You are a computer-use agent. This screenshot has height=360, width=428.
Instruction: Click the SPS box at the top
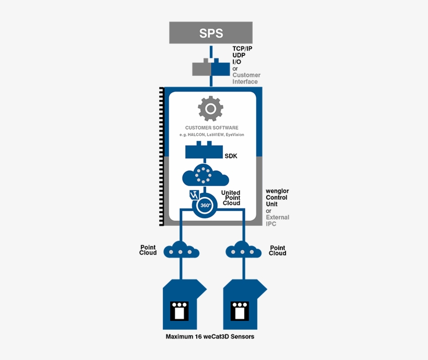(211, 33)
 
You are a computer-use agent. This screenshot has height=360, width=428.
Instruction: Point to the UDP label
(239, 55)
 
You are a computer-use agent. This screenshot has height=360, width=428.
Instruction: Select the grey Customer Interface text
(246, 78)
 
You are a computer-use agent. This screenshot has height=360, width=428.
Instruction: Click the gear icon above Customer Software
(210, 109)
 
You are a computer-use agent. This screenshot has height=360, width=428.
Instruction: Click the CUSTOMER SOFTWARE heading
(211, 127)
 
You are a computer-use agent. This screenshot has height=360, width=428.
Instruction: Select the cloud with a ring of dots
(205, 175)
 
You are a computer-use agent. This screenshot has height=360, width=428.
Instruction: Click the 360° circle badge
(206, 206)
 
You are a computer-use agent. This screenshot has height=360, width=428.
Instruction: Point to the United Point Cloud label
(231, 198)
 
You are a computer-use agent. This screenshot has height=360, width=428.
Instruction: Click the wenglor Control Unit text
(277, 198)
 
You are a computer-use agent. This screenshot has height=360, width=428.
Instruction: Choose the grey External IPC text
(277, 220)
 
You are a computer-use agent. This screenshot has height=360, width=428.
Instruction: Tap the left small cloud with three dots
(182, 250)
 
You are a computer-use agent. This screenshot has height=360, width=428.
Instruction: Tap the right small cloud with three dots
(243, 250)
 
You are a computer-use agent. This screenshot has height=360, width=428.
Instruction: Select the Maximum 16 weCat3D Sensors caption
(210, 336)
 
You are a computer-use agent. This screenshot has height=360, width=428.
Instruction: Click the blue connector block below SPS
(219, 69)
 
